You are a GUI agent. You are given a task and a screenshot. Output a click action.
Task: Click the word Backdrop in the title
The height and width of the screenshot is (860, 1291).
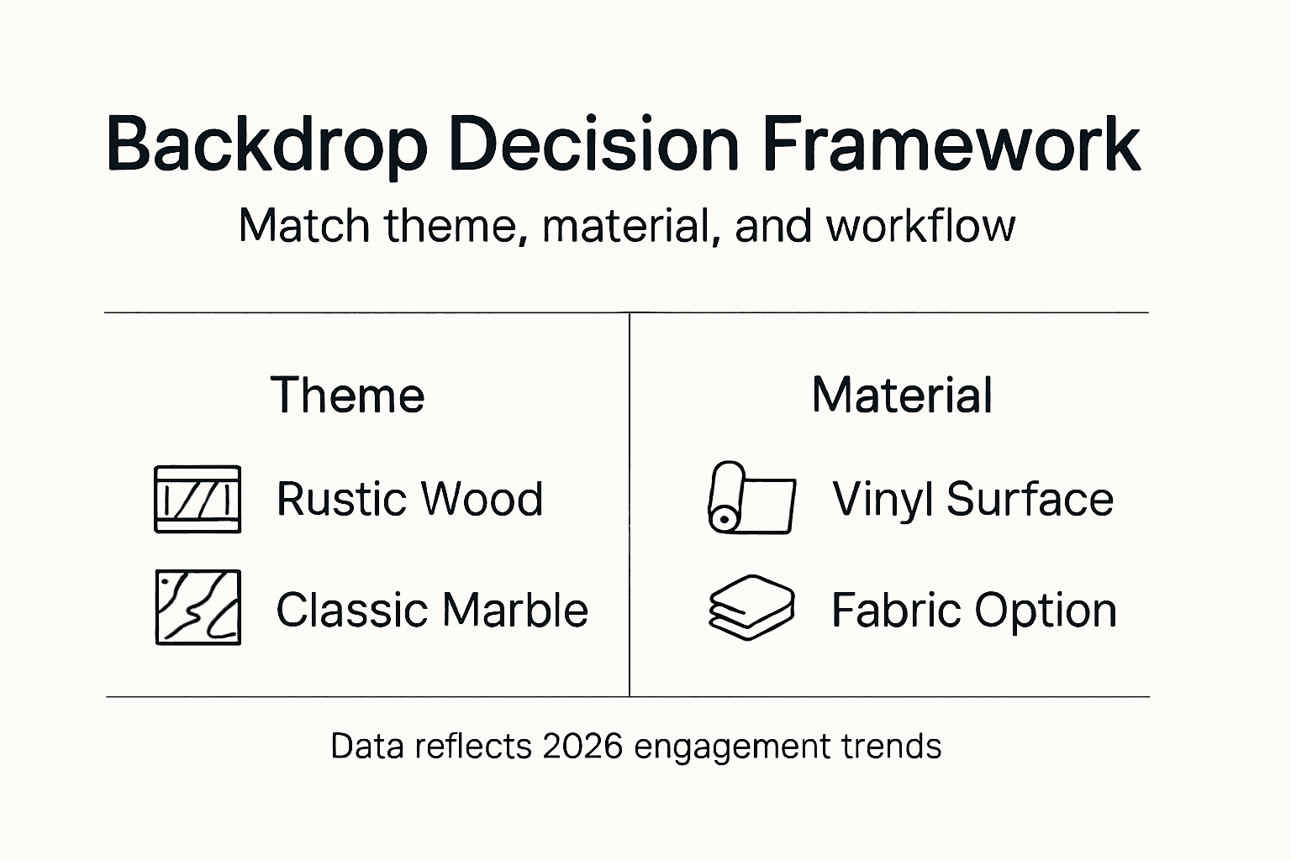(x=266, y=144)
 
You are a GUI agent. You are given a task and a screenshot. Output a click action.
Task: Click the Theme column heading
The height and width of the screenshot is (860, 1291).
(x=347, y=395)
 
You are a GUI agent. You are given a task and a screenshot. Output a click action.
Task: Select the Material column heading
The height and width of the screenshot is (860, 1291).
(x=902, y=395)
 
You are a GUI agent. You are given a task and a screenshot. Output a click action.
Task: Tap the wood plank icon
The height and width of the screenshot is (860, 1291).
(x=198, y=499)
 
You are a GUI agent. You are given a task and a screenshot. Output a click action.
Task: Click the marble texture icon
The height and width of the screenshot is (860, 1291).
(x=198, y=607)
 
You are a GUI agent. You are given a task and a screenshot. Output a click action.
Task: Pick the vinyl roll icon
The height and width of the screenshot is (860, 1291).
(x=751, y=497)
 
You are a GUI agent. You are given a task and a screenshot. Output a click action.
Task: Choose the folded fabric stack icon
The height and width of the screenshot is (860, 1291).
(x=751, y=607)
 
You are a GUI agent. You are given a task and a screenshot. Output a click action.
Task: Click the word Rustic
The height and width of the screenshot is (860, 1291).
(x=340, y=499)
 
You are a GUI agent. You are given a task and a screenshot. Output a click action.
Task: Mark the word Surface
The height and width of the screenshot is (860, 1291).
(x=1030, y=499)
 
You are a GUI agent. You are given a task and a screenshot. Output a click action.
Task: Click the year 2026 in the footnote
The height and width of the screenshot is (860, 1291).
(x=583, y=746)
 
